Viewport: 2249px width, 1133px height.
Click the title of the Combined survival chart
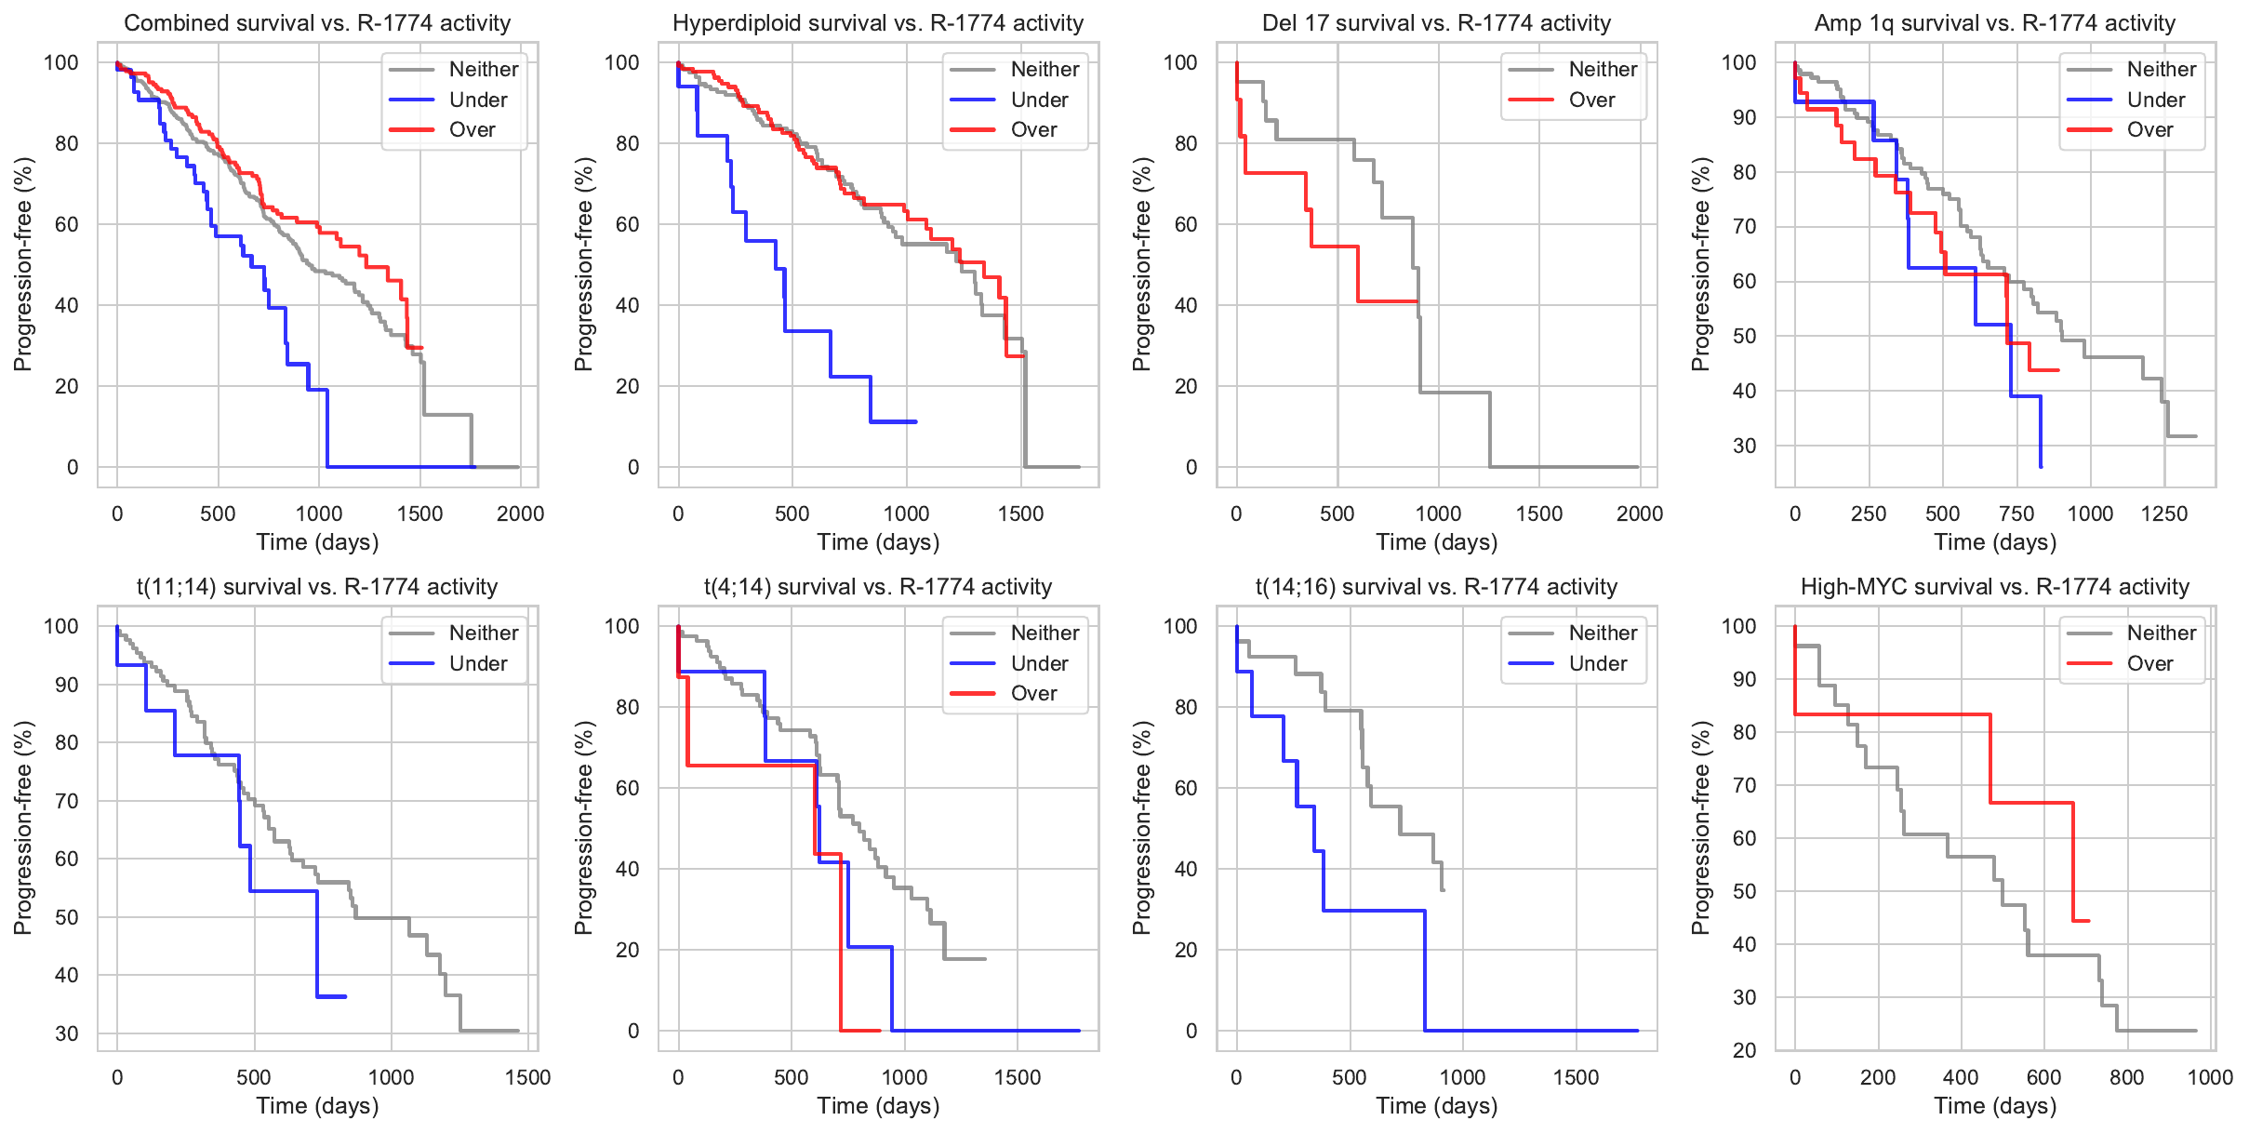click(317, 23)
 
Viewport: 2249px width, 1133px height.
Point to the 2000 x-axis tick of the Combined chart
click(520, 514)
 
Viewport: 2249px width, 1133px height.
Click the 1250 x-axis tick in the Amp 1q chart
click(2164, 514)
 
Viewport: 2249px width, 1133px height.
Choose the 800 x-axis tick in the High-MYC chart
click(2126, 1078)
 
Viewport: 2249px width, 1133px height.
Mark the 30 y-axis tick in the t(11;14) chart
click(67, 1033)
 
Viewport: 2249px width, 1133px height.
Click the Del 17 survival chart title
click(1436, 23)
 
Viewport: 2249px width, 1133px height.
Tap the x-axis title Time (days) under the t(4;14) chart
click(878, 1106)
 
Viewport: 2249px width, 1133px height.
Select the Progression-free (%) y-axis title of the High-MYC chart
click(1700, 828)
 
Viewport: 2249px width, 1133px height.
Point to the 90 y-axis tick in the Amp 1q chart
click(1744, 117)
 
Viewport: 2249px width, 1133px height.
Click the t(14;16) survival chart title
click(1436, 587)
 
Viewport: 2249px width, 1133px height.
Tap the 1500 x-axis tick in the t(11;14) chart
click(528, 1078)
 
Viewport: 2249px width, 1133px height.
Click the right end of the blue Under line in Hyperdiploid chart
click(916, 421)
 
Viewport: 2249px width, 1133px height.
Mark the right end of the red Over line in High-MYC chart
click(2089, 921)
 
